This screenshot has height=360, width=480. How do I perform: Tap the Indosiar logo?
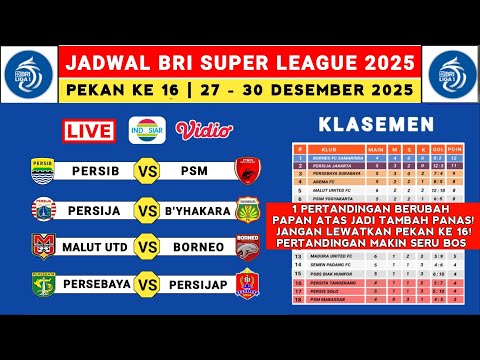(x=145, y=129)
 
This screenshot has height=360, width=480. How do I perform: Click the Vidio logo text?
(x=197, y=129)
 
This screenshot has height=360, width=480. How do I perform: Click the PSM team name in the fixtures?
(x=194, y=170)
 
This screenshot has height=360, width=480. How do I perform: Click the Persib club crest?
(x=43, y=170)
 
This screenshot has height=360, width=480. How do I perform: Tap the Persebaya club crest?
(x=43, y=285)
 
